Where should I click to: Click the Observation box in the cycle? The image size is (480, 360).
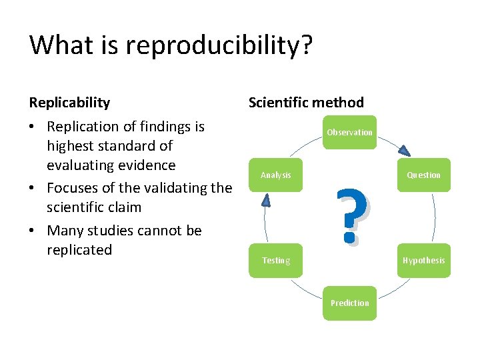click(x=349, y=133)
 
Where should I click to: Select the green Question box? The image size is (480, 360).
click(x=424, y=175)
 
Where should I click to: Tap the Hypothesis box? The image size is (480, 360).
click(x=424, y=260)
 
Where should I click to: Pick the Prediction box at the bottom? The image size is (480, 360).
click(x=349, y=303)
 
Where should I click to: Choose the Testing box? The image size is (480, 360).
click(x=275, y=260)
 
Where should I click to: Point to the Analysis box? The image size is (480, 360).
click(x=275, y=175)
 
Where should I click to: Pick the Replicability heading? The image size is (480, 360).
click(x=69, y=102)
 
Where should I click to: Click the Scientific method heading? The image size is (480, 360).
click(x=306, y=102)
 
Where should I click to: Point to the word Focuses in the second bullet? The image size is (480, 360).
click(x=73, y=188)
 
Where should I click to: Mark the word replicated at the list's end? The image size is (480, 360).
click(x=79, y=250)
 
